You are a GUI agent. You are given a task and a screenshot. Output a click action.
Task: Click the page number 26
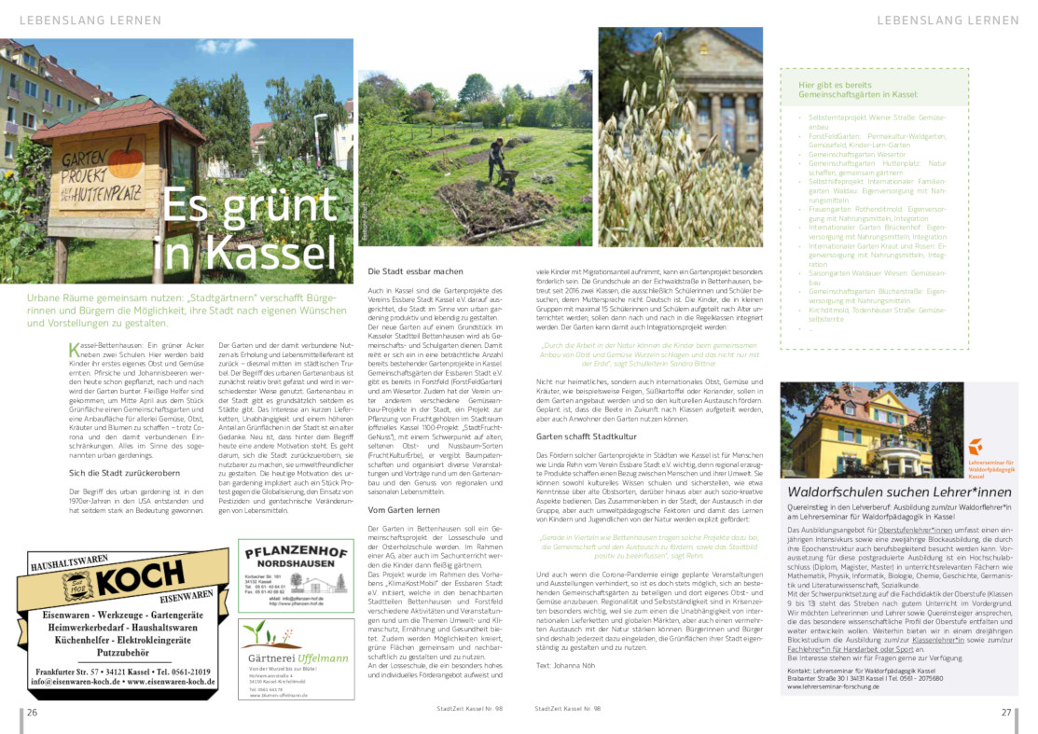click(32, 713)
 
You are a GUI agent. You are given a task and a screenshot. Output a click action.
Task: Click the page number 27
click(1006, 713)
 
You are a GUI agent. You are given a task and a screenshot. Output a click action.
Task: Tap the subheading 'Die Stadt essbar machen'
click(404, 271)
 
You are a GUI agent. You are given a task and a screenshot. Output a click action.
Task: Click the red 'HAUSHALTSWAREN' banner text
click(70, 565)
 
